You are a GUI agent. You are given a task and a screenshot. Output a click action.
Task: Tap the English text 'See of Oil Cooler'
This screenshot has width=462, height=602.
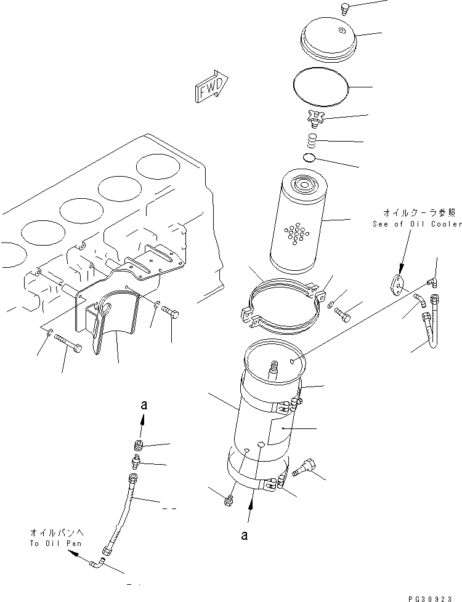click(x=416, y=225)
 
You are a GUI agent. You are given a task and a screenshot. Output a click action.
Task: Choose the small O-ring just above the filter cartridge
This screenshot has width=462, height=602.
click(x=310, y=159)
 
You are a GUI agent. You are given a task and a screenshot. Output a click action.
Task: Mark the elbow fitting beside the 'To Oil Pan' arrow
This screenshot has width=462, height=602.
click(x=97, y=561)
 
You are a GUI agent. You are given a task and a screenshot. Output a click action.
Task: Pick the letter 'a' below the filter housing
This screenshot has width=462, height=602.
click(x=245, y=536)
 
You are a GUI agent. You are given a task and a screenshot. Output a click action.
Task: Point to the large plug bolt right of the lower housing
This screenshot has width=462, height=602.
click(x=303, y=468)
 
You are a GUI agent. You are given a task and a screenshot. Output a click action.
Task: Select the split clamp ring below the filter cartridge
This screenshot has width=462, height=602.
click(x=282, y=303)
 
